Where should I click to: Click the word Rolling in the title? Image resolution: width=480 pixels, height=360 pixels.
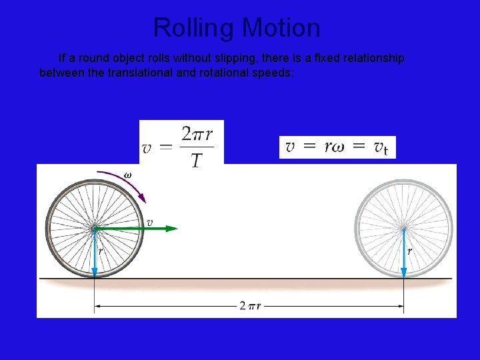coord(194,28)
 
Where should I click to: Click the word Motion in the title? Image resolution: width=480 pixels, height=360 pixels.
coord(281,28)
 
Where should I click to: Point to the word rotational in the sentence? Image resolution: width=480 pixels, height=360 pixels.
coord(223,73)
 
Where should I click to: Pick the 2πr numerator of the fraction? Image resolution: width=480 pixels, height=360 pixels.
coord(197,135)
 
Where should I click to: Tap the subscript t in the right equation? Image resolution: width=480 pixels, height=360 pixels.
coord(386,151)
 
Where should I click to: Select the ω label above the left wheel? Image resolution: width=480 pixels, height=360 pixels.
coord(127,175)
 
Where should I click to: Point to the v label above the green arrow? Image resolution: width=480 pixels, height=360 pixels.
coord(150,222)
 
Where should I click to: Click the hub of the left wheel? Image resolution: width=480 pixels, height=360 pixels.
coord(94,229)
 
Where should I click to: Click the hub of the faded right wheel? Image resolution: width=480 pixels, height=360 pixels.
coord(403,229)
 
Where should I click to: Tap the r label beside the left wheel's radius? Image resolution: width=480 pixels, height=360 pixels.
coord(101,251)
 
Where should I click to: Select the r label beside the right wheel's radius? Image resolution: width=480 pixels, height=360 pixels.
coord(409,251)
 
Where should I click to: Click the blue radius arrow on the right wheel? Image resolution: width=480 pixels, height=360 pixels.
coord(403,257)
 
